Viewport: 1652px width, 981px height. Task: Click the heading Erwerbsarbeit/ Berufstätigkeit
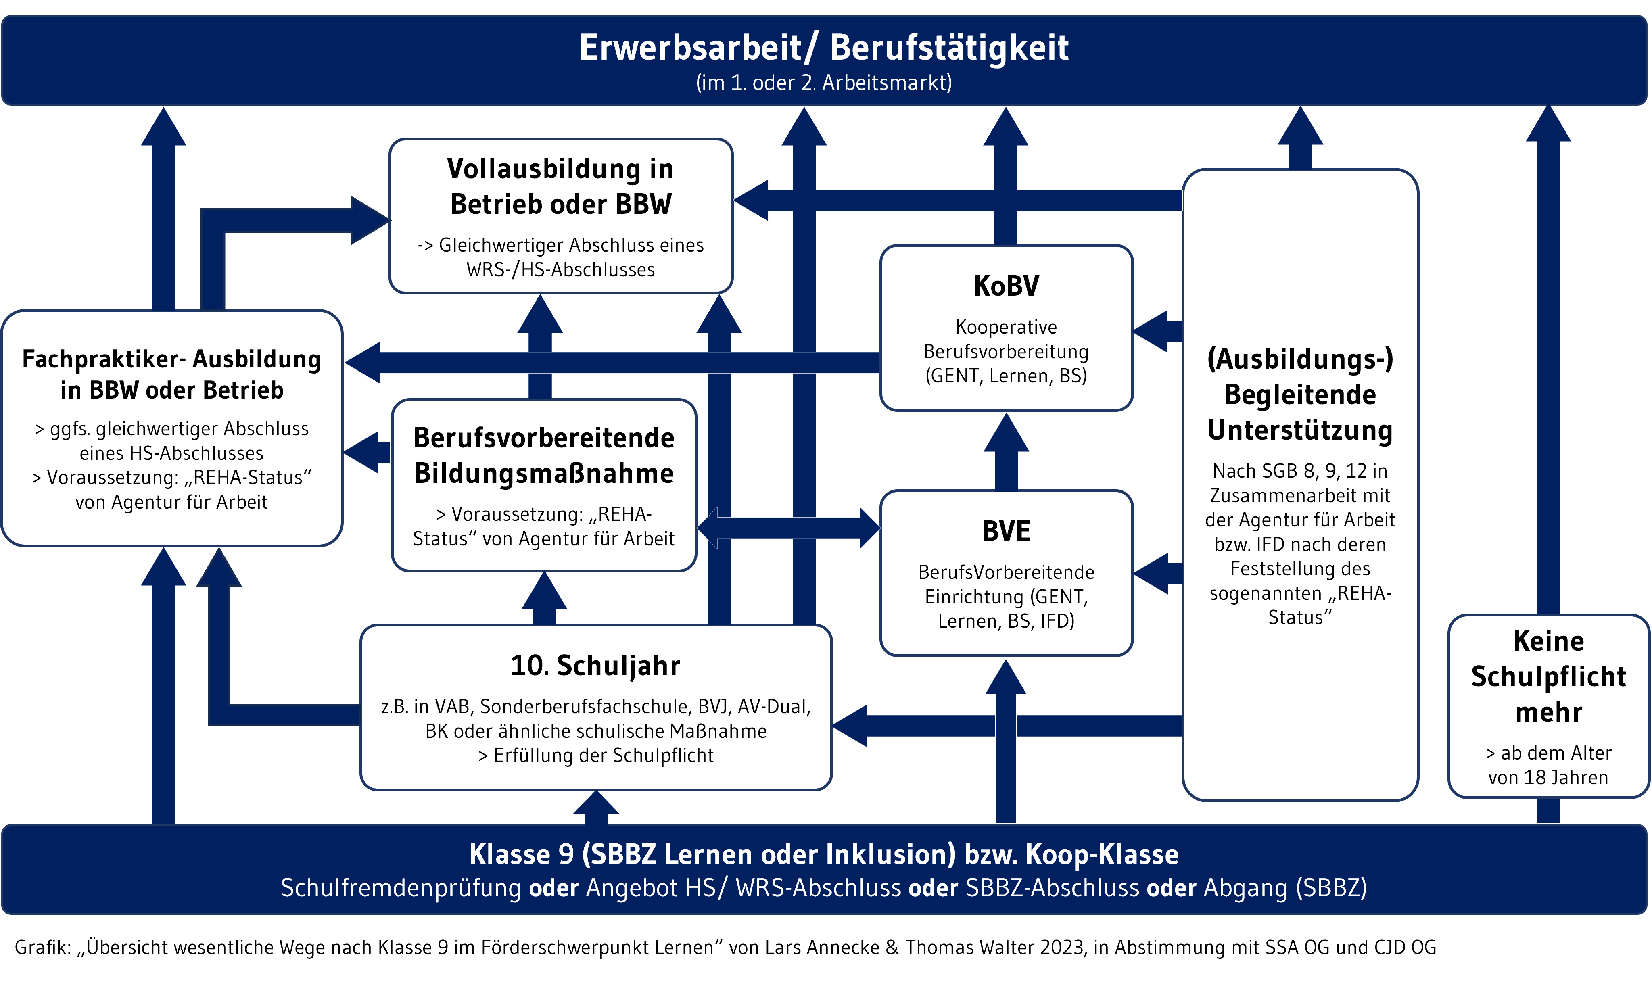(x=824, y=48)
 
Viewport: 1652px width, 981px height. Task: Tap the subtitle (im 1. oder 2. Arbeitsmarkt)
(x=824, y=83)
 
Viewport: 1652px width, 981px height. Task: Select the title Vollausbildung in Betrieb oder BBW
(x=561, y=186)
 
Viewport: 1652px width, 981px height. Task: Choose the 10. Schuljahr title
(x=595, y=666)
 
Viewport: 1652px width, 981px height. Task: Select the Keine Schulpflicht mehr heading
(x=1548, y=676)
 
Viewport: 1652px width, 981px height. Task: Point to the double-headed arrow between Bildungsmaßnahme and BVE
(x=788, y=528)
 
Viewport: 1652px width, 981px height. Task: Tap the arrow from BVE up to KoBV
(x=1006, y=453)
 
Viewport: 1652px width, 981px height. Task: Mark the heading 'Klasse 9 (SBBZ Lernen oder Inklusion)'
(x=712, y=854)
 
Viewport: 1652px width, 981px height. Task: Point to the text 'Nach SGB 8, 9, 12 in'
(x=1300, y=471)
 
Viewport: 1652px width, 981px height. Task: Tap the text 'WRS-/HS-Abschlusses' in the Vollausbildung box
(x=561, y=270)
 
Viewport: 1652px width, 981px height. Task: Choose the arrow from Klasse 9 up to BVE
(x=1005, y=747)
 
